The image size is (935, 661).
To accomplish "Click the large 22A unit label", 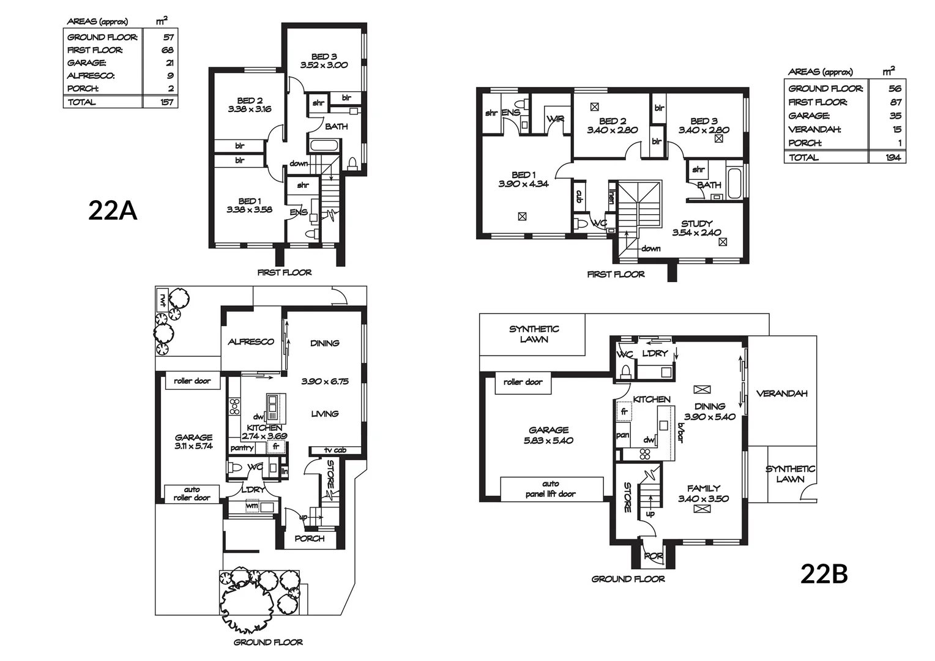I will (x=113, y=211).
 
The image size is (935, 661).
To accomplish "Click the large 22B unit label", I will (x=824, y=574).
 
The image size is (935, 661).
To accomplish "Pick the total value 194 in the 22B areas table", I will (x=892, y=157).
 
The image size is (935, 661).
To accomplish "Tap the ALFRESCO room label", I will (x=251, y=342).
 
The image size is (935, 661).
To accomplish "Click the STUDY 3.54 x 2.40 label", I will (x=696, y=228).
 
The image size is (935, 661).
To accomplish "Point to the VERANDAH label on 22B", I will (x=782, y=394).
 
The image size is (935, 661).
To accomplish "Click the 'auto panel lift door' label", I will (x=551, y=489).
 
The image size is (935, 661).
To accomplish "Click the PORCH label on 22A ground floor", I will (x=310, y=539).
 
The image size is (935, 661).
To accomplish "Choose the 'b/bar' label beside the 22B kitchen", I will (x=679, y=431).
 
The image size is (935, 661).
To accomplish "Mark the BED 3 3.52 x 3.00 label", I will (x=324, y=61).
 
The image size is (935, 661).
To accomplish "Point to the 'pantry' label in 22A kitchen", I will (x=242, y=448).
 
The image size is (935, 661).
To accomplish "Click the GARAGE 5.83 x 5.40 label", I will (x=549, y=435).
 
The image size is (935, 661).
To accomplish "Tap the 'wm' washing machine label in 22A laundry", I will (x=251, y=507).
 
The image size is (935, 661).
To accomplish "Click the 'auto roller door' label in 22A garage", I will (x=192, y=493).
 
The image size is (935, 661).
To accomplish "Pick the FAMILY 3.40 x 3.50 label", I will (x=703, y=493).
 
